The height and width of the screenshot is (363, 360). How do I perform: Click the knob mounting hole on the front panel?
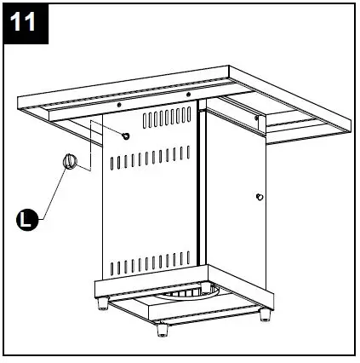(x=126, y=136)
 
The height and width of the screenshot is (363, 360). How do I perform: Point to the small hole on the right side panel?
(x=259, y=198)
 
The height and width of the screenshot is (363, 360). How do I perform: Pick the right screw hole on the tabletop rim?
(x=188, y=95)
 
